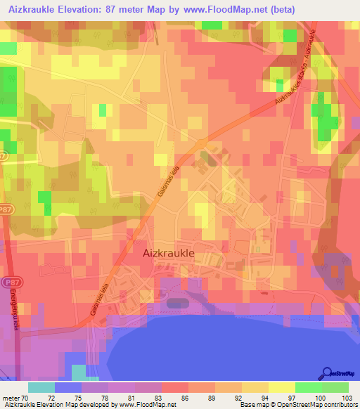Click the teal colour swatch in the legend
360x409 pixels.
coord(41,387)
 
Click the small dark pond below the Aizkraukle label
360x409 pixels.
coord(178,302)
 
